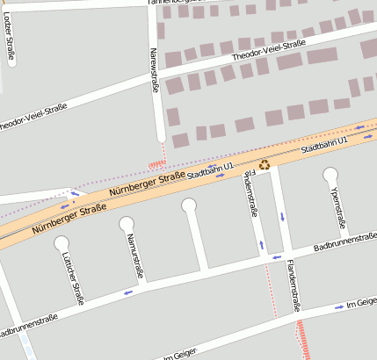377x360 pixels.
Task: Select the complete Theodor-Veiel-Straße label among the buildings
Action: [x=268, y=51]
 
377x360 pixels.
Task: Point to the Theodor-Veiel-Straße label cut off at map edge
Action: [x=33, y=116]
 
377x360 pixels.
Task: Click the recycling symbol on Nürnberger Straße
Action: [x=264, y=163]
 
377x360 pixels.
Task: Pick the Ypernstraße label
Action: [x=336, y=207]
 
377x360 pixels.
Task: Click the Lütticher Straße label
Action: [x=73, y=278]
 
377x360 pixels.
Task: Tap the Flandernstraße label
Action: [x=292, y=287]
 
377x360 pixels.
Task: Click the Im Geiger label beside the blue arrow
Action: [x=362, y=302]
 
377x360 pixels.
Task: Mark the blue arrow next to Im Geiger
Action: [x=340, y=307]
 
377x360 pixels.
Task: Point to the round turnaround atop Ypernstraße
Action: [x=330, y=174]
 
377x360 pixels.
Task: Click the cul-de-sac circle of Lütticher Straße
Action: [x=61, y=241]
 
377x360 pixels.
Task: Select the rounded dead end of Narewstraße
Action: [x=159, y=136]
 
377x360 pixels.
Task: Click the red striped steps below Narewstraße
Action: [x=158, y=163]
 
